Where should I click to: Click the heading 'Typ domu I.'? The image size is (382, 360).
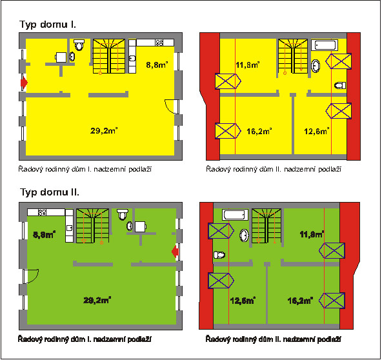point(48,25)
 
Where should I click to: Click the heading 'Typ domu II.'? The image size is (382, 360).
point(50,192)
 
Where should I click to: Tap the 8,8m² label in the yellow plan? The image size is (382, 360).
point(157,65)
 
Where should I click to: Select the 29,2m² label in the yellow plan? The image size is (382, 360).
point(104,130)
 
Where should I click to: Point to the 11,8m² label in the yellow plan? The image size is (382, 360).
point(248,65)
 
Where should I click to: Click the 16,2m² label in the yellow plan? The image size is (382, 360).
point(259,131)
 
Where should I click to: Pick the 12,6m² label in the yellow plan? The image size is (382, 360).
point(317,131)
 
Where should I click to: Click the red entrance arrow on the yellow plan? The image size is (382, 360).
point(24,83)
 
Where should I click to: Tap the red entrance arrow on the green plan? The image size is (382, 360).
point(175,252)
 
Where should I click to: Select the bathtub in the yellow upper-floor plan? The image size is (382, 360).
point(325,45)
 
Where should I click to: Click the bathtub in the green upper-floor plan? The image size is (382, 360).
point(235,215)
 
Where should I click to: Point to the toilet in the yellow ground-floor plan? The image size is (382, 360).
point(79,45)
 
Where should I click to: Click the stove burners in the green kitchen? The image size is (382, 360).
point(42,212)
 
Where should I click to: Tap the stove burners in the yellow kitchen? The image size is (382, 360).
point(159,43)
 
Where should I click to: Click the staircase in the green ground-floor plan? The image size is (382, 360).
point(93,226)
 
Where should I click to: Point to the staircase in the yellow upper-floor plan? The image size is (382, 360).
point(293,56)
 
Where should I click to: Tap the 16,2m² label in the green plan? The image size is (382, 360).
point(300,301)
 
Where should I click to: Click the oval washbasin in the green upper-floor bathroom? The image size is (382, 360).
point(244,235)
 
